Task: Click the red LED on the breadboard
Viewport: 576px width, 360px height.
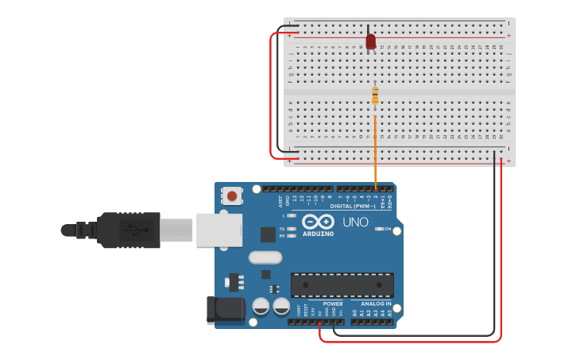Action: click(x=370, y=41)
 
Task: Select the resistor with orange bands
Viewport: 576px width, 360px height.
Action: click(x=375, y=96)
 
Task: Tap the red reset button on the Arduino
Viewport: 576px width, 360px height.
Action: click(x=232, y=195)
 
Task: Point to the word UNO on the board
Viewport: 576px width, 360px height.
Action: click(x=355, y=223)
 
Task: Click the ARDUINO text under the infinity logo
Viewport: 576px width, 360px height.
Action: click(x=318, y=234)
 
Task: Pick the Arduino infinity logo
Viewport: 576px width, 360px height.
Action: click(x=318, y=221)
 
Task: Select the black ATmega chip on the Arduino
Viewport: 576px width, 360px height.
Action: click(x=342, y=285)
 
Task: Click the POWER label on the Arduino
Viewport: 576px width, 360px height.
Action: click(x=333, y=304)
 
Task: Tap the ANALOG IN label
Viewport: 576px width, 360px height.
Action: click(x=376, y=304)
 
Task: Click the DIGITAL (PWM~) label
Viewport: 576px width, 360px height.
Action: click(x=353, y=206)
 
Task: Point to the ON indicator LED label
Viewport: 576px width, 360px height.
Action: click(x=387, y=229)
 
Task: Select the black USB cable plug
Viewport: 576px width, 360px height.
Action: click(x=127, y=230)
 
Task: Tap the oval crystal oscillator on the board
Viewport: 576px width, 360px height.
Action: click(x=265, y=257)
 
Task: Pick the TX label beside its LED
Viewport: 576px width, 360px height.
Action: click(x=282, y=228)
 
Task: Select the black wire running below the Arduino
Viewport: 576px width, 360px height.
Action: click(x=413, y=335)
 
